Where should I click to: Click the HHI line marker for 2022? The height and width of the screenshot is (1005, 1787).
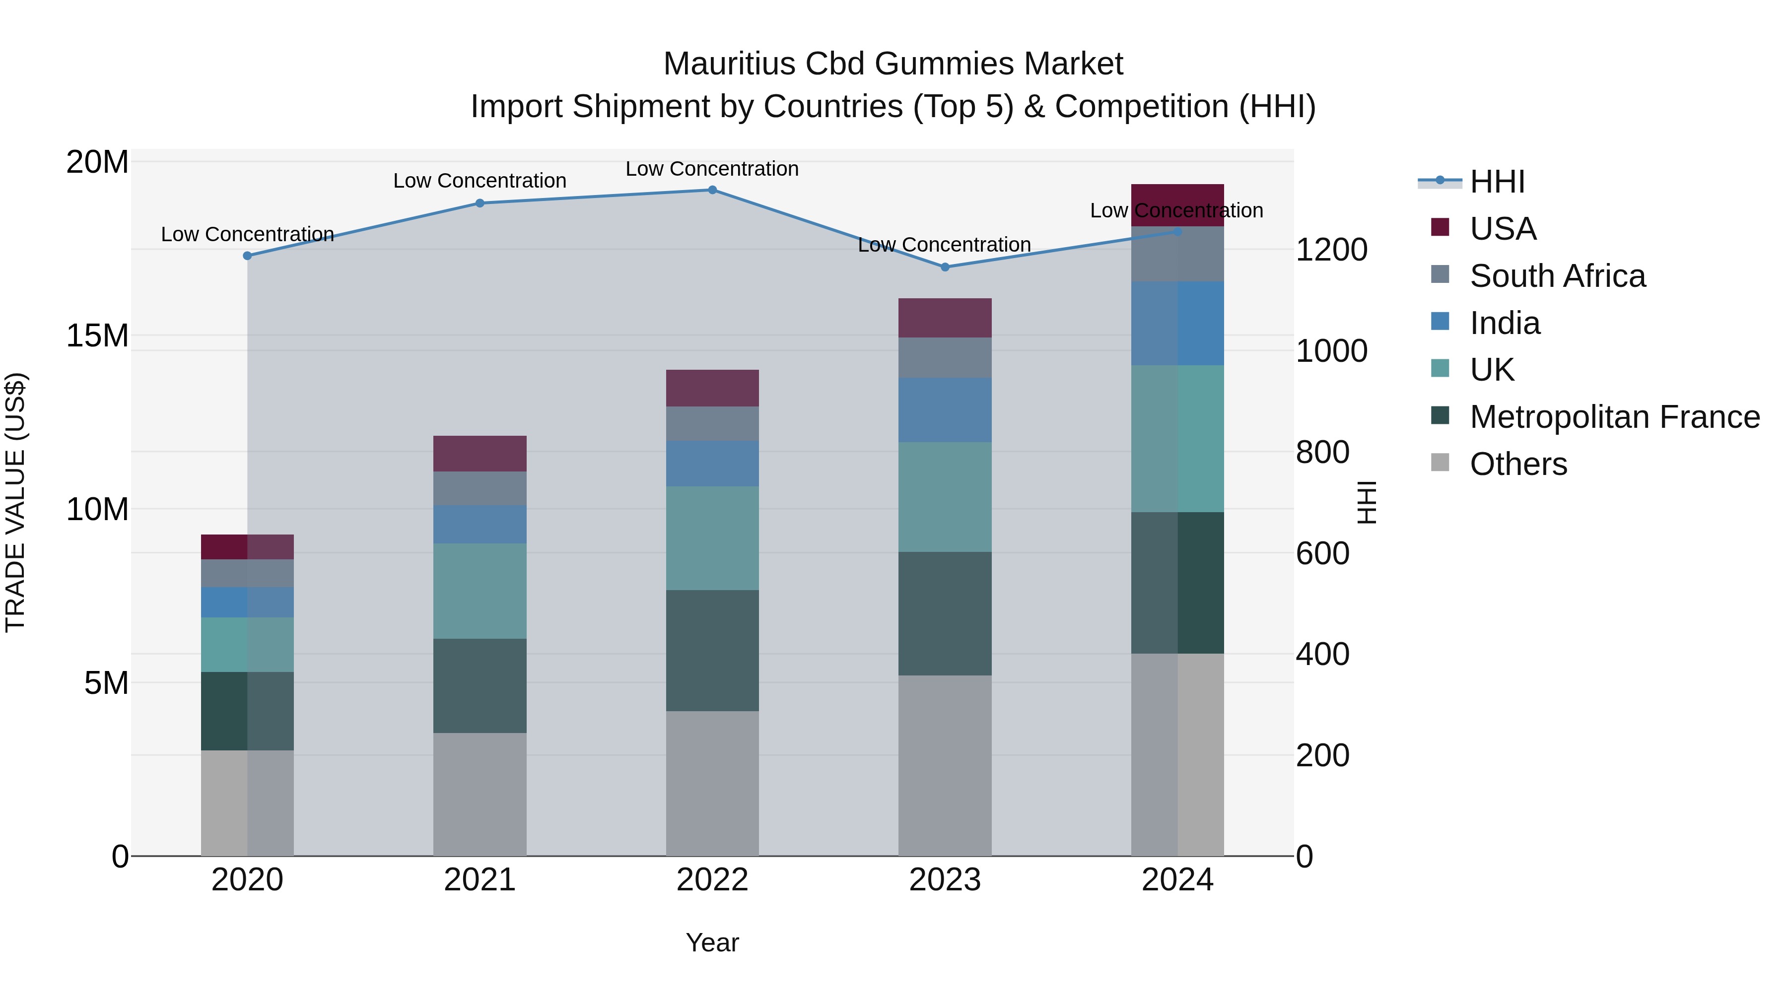(712, 190)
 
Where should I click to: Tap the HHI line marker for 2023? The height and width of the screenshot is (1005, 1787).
(944, 267)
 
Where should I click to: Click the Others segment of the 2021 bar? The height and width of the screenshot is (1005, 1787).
(480, 794)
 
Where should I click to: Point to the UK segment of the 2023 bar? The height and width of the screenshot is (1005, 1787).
(944, 497)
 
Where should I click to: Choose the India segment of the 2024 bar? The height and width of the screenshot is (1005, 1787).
(1177, 323)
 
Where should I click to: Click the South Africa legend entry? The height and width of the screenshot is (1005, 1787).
(1557, 276)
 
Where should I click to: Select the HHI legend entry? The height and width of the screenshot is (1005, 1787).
(1497, 182)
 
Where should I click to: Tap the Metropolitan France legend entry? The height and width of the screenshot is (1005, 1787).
(1614, 417)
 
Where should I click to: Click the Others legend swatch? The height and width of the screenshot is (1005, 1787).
(1440, 463)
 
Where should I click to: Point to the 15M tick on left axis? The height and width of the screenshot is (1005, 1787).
(97, 335)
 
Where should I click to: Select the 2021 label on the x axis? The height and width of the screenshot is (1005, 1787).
(480, 880)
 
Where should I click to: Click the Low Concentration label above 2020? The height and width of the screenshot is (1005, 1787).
(247, 234)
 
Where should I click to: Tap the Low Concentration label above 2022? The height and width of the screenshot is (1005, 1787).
(712, 169)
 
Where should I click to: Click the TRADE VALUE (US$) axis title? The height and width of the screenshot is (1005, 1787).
(15, 502)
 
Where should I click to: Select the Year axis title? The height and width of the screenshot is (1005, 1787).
(712, 942)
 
